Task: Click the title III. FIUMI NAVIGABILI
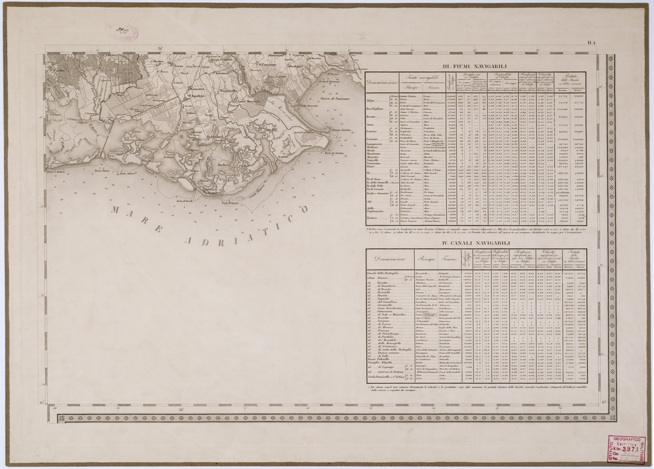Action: pos(481,66)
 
